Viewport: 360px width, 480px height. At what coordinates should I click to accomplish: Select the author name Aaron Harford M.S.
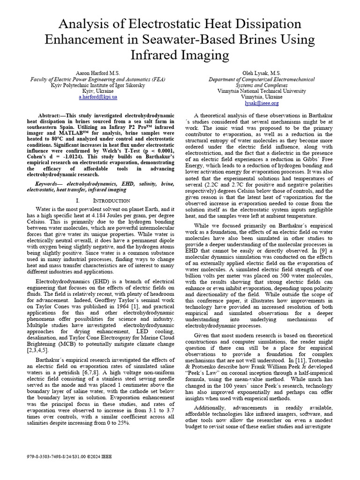[x=98, y=74]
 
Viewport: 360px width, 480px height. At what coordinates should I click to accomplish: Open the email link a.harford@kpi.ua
[x=98, y=97]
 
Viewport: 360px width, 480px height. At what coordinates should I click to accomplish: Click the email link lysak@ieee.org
[x=262, y=103]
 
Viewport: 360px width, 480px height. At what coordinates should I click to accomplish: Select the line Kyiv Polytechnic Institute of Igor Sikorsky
[x=98, y=85]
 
